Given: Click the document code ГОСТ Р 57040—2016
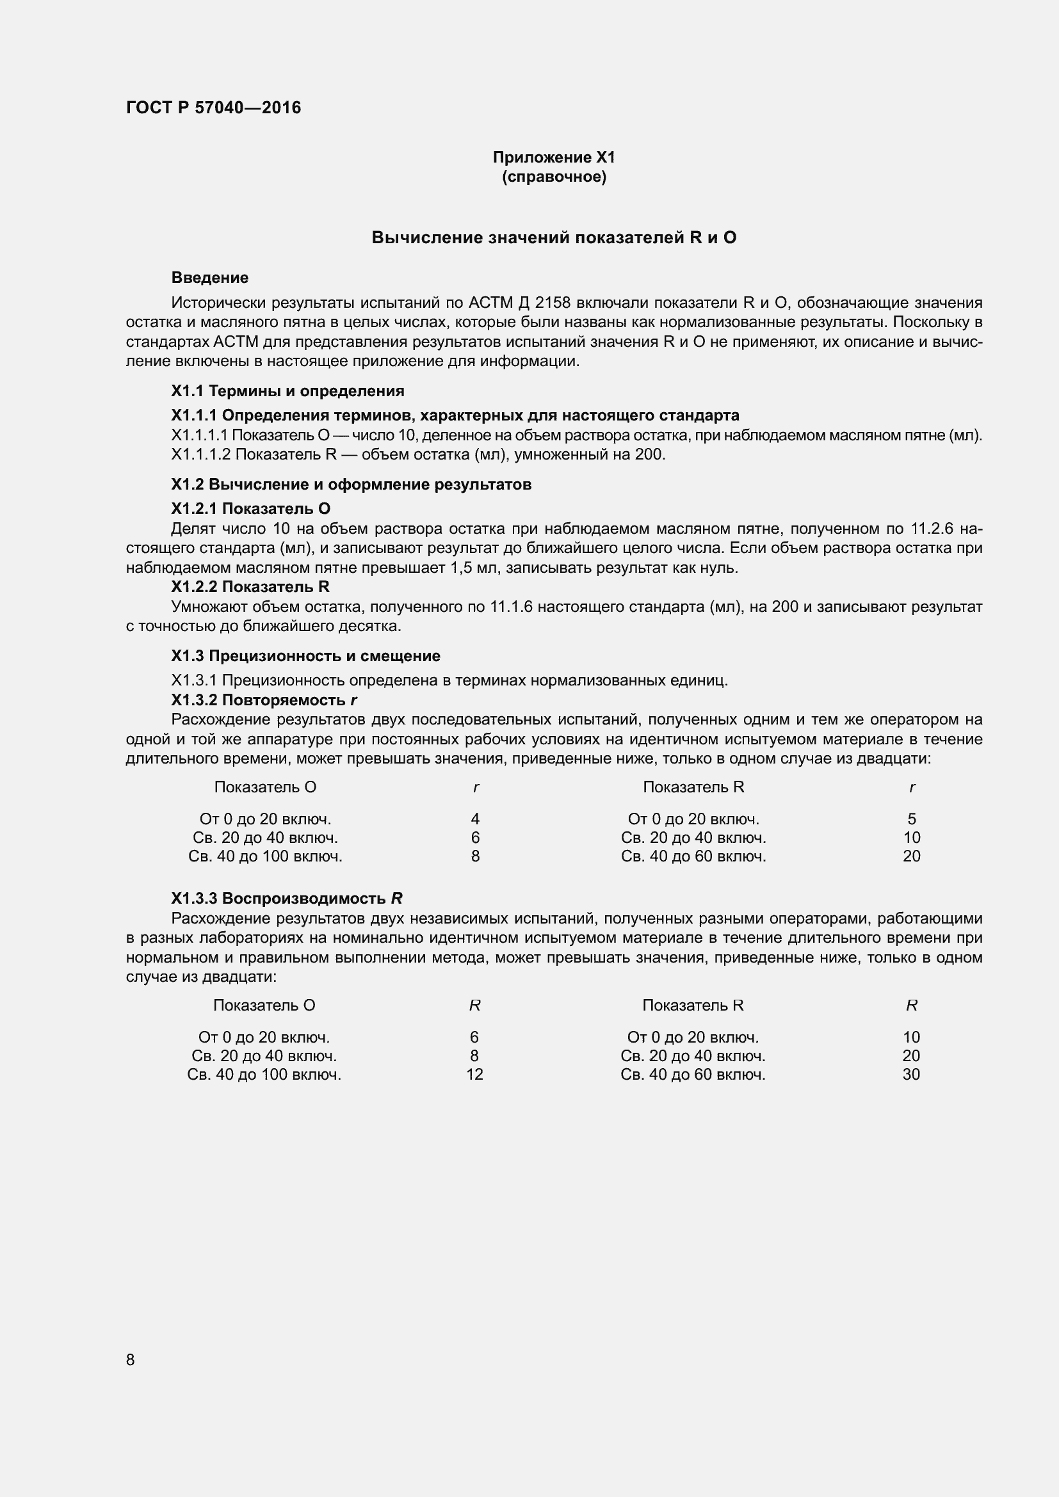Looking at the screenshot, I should coord(213,108).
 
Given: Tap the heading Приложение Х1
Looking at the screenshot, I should coord(554,157).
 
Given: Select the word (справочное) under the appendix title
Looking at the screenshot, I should coord(554,177).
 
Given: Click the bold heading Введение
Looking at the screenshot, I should coord(209,278).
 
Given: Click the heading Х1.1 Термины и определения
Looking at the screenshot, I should coord(287,390).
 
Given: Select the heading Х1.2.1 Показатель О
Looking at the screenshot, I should coord(250,509).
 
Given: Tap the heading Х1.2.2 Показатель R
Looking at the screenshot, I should coord(250,587).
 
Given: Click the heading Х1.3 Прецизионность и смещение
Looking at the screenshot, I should coord(305,656).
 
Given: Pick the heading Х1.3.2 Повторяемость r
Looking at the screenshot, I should coord(264,700).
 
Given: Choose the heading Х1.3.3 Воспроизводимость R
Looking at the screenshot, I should coord(286,899).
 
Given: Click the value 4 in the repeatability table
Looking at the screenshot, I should coord(475,819).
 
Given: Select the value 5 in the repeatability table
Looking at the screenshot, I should coord(912,819).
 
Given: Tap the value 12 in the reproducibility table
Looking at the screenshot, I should coord(474,1074).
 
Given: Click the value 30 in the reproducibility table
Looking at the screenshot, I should coord(911,1074).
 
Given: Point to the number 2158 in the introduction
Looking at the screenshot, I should coord(553,303).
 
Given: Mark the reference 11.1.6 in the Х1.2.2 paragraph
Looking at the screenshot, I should coord(511,607).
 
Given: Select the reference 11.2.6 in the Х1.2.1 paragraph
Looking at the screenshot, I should coord(932,529).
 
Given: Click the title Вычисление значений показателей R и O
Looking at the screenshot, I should coord(554,238).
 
